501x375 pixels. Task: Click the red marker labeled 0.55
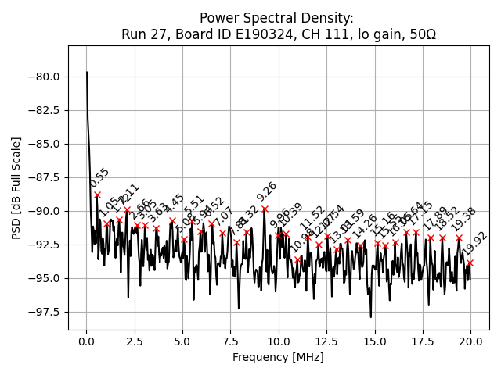pyautogui.click(x=97, y=195)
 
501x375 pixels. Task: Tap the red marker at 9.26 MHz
pyautogui.click(x=265, y=209)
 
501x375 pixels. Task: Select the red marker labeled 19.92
pyautogui.click(x=470, y=262)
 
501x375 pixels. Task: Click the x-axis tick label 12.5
pyautogui.click(x=326, y=341)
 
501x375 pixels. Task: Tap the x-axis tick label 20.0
pyautogui.click(x=470, y=341)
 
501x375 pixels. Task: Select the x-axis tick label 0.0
pyautogui.click(x=87, y=341)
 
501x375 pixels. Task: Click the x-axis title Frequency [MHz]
pyautogui.click(x=278, y=357)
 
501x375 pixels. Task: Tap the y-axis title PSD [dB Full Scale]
pyautogui.click(x=16, y=187)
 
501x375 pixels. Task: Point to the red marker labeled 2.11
pyautogui.click(x=127, y=209)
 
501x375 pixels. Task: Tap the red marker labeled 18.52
pyautogui.click(x=442, y=237)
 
